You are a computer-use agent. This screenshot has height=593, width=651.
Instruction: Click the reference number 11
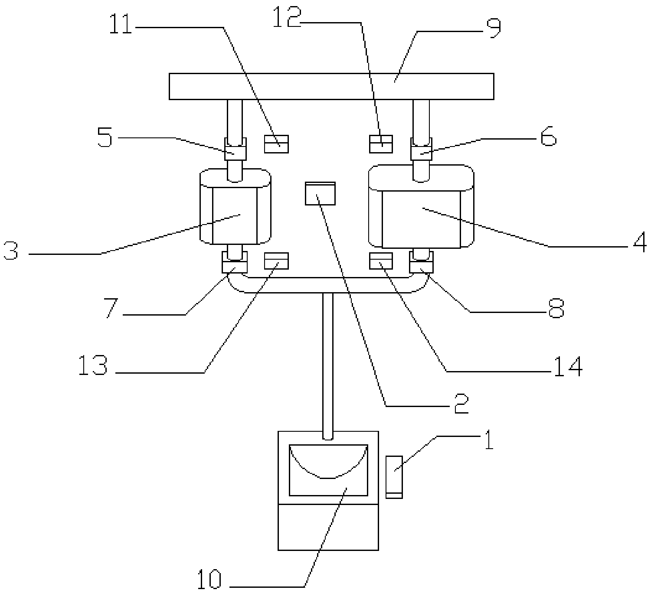(x=121, y=25)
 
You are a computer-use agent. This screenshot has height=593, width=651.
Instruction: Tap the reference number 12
(x=287, y=17)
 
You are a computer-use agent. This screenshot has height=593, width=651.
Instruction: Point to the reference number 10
(x=209, y=580)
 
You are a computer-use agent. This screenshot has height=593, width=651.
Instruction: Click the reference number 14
(x=568, y=367)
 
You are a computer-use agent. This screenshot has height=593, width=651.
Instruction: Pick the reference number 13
(x=93, y=365)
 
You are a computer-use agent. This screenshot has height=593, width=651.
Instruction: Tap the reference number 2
(x=461, y=404)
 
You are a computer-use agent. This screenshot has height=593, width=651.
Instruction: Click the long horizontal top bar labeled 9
(x=331, y=86)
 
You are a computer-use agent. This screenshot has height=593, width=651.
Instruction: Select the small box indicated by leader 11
(x=276, y=144)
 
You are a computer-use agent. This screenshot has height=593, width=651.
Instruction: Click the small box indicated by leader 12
(x=381, y=144)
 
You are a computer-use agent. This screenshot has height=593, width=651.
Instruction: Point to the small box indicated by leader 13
(x=276, y=261)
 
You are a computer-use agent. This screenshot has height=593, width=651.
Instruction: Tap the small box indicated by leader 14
(x=381, y=261)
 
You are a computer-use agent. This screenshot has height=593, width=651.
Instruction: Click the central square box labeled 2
(x=321, y=194)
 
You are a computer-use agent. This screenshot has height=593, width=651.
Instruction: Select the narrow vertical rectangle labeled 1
(x=394, y=477)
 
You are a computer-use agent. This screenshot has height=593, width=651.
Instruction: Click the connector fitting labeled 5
(x=235, y=149)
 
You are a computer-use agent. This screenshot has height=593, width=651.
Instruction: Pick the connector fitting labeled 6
(x=421, y=149)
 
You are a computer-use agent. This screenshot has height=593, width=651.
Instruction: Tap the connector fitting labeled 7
(x=235, y=262)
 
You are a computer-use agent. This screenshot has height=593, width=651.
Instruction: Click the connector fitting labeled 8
(x=421, y=262)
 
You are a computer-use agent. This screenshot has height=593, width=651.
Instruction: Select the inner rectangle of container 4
(x=421, y=220)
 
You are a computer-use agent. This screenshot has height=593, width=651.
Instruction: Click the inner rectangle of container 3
(x=235, y=216)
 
